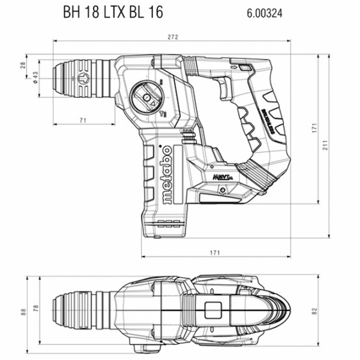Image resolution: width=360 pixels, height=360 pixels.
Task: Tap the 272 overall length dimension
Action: pos(173,37)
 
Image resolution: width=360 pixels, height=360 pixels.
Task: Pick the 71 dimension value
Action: pos(83,121)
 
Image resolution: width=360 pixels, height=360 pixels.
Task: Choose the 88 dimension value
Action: pos(23,311)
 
